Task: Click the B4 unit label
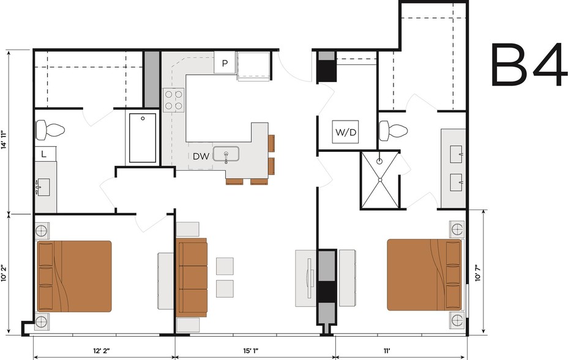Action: click(x=529, y=64)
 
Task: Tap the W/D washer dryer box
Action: click(x=345, y=132)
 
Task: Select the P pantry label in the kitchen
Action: click(x=225, y=63)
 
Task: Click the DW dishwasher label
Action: click(x=201, y=156)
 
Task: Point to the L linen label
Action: click(x=43, y=154)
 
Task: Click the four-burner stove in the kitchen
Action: click(x=173, y=100)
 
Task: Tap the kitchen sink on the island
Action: click(x=226, y=154)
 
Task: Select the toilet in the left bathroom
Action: click(x=50, y=130)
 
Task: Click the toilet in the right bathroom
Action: click(x=394, y=130)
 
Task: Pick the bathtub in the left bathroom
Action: click(x=143, y=138)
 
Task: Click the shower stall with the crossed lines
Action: click(x=380, y=180)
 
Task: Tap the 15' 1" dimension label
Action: click(x=251, y=351)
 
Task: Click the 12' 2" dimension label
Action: click(x=102, y=351)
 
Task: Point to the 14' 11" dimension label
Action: click(x=4, y=140)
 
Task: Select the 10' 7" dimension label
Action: click(x=478, y=272)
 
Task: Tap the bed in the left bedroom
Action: click(x=74, y=276)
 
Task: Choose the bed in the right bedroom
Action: click(x=424, y=275)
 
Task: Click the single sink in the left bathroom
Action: click(x=43, y=187)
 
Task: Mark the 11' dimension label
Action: click(x=387, y=351)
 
